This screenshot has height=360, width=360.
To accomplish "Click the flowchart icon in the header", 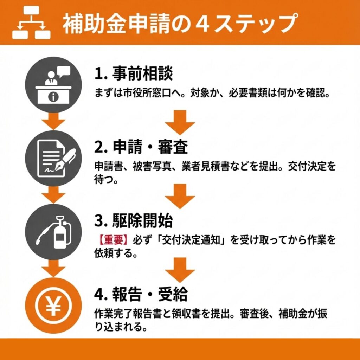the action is click(31, 22).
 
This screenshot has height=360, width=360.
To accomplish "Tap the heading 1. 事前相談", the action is click(133, 73).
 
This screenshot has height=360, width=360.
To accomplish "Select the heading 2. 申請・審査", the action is click(141, 147).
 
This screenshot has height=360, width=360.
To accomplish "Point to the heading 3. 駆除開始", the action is click(133, 220).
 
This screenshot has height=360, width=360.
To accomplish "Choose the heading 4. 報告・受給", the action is click(141, 294).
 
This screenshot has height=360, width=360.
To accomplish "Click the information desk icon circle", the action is click(53, 84).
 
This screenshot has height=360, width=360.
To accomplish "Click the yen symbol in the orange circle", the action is click(53, 306).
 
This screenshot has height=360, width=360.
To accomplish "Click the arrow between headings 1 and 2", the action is click(180, 122).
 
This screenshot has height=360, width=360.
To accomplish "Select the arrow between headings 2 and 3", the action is click(180, 196).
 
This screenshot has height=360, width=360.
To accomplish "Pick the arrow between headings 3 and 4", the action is click(180, 270).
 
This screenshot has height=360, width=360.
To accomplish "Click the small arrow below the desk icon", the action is click(53, 121).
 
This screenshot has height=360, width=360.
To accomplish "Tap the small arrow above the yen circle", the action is click(53, 268).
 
